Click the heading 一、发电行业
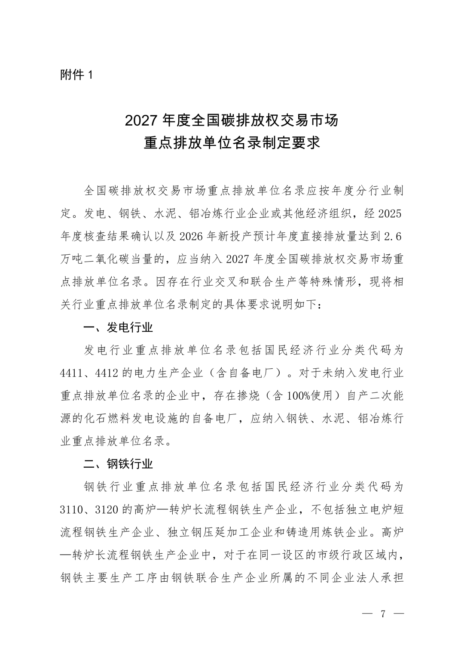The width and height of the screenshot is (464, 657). (118, 328)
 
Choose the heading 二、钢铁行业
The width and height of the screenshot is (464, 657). (118, 464)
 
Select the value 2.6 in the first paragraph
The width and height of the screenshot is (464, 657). (393, 237)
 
